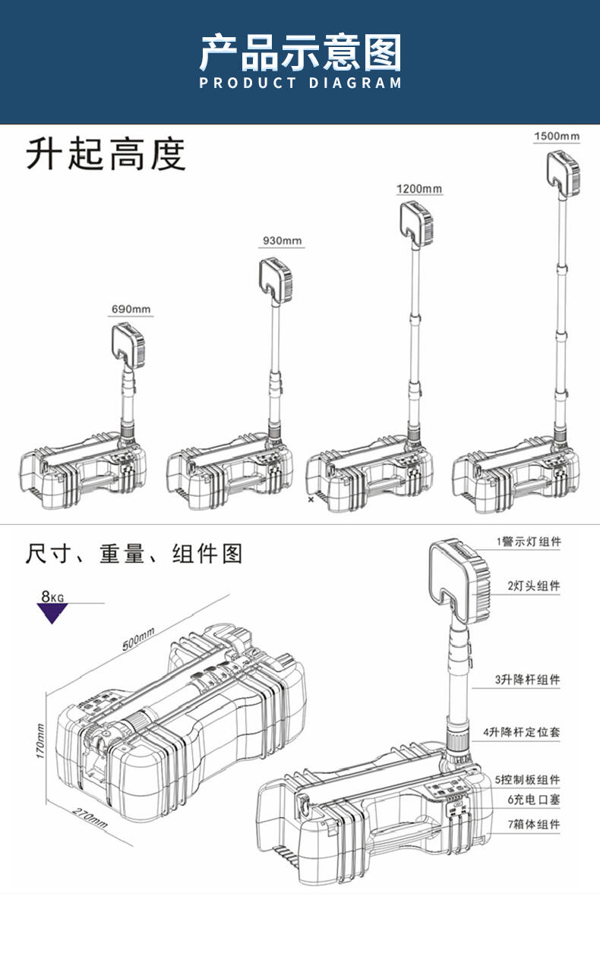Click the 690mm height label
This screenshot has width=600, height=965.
[131, 310]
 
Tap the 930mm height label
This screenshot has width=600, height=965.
[282, 240]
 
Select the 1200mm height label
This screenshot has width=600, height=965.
[418, 188]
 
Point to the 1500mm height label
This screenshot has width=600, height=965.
[556, 137]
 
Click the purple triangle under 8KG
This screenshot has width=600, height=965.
[52, 613]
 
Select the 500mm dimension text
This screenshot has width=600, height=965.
[137, 640]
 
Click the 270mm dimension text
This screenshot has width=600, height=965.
[90, 817]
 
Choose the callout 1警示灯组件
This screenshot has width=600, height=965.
[529, 542]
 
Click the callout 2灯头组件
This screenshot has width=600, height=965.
[533, 586]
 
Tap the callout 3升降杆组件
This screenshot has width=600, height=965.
[527, 680]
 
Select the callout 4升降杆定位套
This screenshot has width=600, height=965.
[522, 733]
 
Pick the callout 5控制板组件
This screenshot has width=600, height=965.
[527, 780]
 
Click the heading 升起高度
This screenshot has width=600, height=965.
[106, 155]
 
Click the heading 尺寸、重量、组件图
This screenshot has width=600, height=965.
[134, 554]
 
